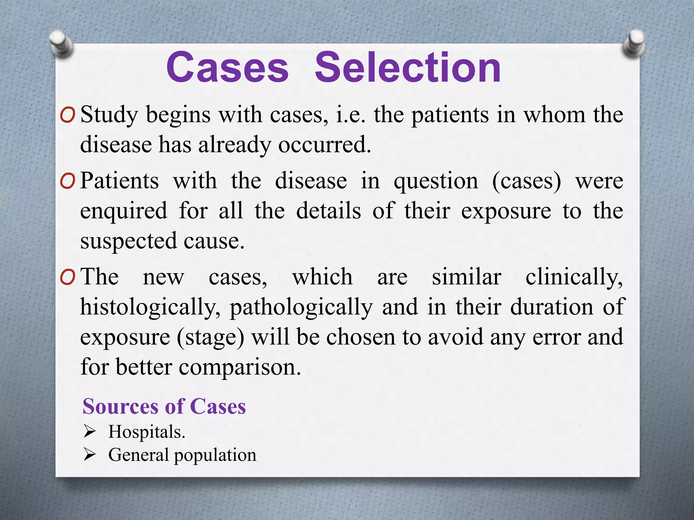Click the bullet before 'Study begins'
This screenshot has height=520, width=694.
point(67,116)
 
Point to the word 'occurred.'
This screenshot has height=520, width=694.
point(325,145)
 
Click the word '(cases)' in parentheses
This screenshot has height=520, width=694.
point(527,181)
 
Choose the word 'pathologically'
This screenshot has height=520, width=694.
point(301,307)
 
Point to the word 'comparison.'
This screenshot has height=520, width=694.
point(240,367)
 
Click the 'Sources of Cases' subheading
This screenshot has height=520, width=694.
point(164,406)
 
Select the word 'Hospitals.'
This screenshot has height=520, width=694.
point(147,432)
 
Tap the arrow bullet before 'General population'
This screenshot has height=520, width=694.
point(90,455)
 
